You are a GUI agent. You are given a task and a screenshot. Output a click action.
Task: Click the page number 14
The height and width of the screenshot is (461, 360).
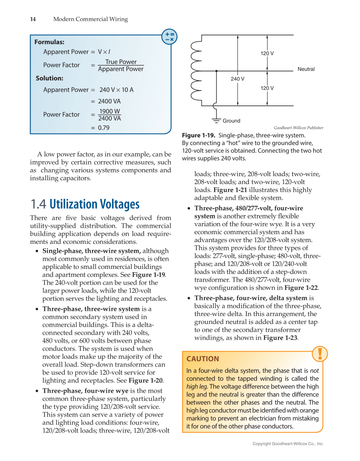click(33, 19)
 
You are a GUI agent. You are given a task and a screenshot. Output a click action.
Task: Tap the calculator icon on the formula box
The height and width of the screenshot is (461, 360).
click(170, 36)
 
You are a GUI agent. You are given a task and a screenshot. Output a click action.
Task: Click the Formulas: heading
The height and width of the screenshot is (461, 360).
click(49, 42)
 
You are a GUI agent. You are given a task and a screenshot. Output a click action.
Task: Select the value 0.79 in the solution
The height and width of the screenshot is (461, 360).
click(103, 127)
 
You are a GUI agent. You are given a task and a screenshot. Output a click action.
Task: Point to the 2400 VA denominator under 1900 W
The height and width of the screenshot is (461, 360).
click(109, 119)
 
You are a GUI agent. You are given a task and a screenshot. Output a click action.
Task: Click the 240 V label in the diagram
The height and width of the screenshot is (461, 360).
click(237, 79)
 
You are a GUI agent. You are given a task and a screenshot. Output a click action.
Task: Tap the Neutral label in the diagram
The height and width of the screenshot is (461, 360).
click(306, 69)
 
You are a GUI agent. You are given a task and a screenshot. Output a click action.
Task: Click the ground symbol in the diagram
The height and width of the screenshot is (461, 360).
click(217, 120)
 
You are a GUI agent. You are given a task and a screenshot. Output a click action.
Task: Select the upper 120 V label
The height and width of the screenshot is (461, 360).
click(267, 53)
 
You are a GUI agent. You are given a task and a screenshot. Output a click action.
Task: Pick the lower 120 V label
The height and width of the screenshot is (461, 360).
click(267, 88)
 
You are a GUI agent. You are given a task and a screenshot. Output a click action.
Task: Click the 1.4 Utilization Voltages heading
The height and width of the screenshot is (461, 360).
click(85, 204)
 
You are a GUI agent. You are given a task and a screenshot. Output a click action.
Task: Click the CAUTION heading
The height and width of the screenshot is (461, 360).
click(203, 359)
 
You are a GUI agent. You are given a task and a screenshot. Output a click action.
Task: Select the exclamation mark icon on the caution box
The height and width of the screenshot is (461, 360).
click(320, 353)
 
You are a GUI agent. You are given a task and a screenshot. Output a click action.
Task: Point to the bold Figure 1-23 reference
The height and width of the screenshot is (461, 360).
click(280, 338)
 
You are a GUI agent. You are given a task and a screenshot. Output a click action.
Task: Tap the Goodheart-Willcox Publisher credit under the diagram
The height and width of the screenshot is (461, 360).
click(298, 128)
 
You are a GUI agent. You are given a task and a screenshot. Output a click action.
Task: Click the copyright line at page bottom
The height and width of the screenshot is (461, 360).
click(288, 444)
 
